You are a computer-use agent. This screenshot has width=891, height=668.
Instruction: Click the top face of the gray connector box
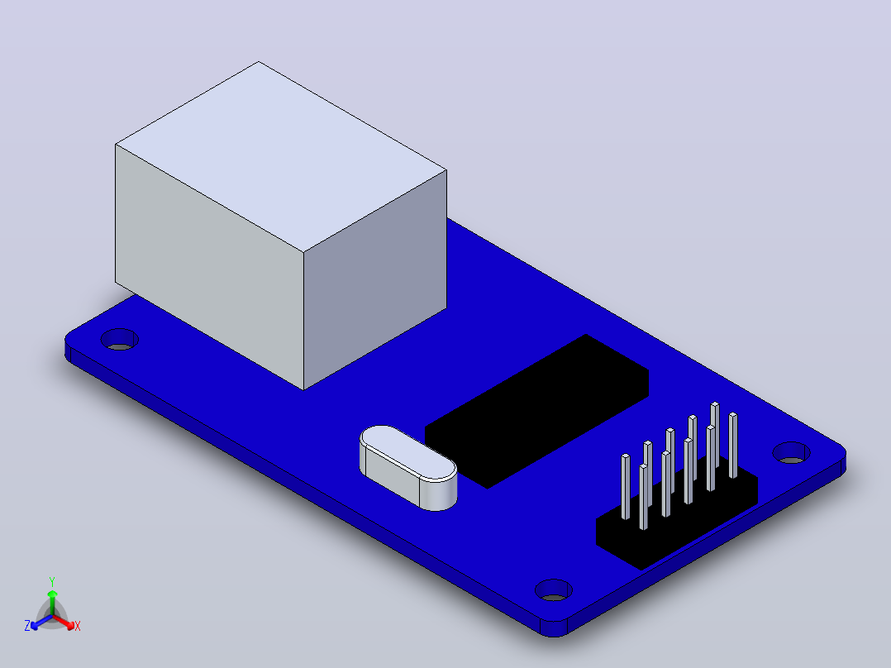[x=281, y=156]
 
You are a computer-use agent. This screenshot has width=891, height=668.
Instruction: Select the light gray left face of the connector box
[x=209, y=267]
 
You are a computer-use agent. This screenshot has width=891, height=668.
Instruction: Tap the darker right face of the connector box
[x=375, y=279]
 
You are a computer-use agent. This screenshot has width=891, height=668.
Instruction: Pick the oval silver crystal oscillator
[x=408, y=467]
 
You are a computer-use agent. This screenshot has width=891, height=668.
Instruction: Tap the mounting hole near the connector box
[x=119, y=340]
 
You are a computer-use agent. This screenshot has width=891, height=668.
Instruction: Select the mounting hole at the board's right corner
[x=792, y=452]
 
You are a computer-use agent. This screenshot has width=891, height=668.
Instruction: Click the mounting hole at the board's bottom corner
[x=554, y=590]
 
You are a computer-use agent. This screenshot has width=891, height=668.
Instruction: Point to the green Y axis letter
[x=52, y=581]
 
